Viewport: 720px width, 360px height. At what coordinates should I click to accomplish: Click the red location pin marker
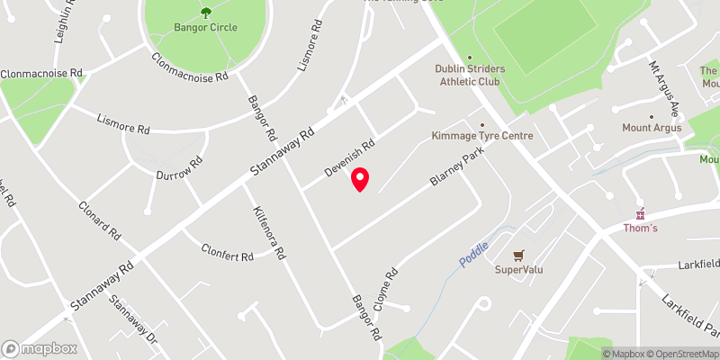pyautogui.click(x=360, y=180)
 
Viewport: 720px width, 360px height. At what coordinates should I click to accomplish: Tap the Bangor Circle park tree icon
pyautogui.click(x=206, y=13)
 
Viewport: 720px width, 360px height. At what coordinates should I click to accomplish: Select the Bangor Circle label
pyautogui.click(x=206, y=27)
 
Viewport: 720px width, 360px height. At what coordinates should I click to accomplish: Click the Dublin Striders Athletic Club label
pyautogui.click(x=470, y=76)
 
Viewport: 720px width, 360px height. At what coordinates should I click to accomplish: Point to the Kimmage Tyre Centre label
pyautogui.click(x=482, y=136)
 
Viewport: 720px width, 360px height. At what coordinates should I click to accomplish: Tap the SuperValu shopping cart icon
pyautogui.click(x=517, y=255)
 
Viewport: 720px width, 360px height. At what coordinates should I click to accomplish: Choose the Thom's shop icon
pyautogui.click(x=641, y=215)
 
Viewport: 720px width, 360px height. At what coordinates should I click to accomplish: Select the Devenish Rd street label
pyautogui.click(x=348, y=156)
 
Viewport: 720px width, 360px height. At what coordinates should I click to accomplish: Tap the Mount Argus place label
pyautogui.click(x=652, y=128)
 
